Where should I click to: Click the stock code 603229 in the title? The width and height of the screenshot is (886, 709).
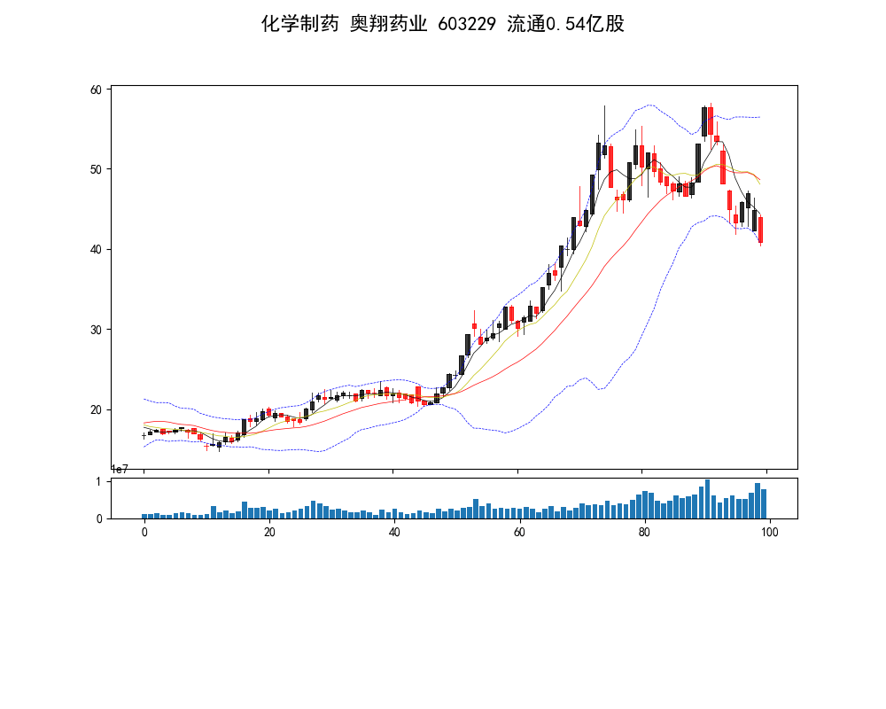pyautogui.click(x=467, y=24)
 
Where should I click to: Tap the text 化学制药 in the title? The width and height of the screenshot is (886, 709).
pyautogui.click(x=299, y=24)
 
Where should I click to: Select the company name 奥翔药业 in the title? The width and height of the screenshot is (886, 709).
pyautogui.click(x=388, y=24)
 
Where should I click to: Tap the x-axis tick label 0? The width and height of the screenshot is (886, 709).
pyautogui.click(x=144, y=531)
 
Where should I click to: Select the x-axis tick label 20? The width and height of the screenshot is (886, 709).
pyautogui.click(x=269, y=531)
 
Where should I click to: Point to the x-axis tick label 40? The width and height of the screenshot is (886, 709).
pyautogui.click(x=394, y=531)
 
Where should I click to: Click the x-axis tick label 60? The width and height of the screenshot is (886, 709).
pyautogui.click(x=519, y=531)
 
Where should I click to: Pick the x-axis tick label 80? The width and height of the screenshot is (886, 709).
pyautogui.click(x=644, y=531)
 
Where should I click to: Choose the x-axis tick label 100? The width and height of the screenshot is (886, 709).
pyautogui.click(x=769, y=531)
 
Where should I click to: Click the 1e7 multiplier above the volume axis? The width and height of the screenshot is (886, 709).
pyautogui.click(x=120, y=470)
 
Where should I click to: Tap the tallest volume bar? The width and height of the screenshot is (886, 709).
pyautogui.click(x=707, y=499)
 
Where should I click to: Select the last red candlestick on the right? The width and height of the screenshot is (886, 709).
pyautogui.click(x=760, y=230)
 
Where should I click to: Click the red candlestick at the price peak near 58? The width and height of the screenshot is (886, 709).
pyautogui.click(x=711, y=121)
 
